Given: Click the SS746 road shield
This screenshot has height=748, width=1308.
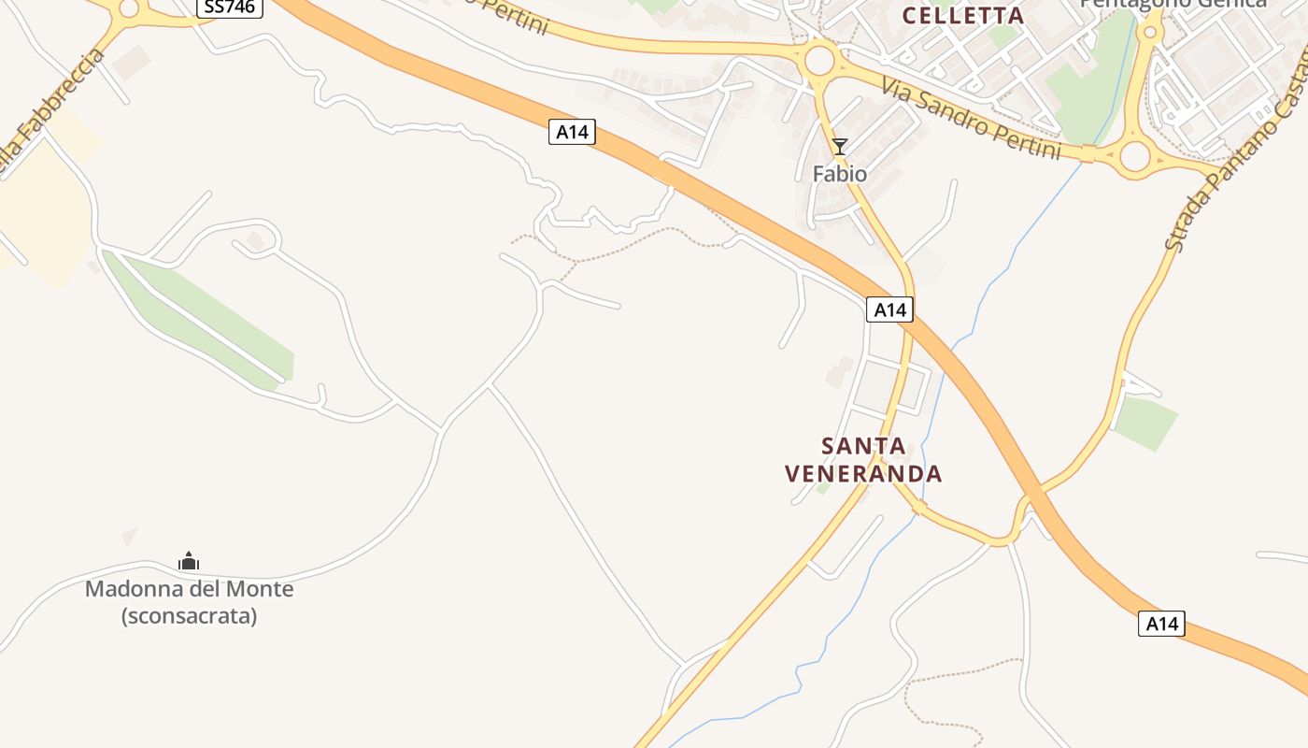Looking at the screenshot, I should pyautogui.click(x=229, y=7).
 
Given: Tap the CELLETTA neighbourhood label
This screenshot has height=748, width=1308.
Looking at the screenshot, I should pyautogui.click(x=963, y=15).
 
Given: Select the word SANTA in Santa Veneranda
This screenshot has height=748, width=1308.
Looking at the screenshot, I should pyautogui.click(x=863, y=446).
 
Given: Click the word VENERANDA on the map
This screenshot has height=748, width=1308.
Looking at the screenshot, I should pyautogui.click(x=863, y=474).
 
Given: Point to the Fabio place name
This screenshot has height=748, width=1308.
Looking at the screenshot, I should pyautogui.click(x=839, y=174).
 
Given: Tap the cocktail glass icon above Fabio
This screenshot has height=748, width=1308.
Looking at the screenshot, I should pyautogui.click(x=840, y=146).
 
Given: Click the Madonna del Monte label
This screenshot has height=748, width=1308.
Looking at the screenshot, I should pyautogui.click(x=189, y=589).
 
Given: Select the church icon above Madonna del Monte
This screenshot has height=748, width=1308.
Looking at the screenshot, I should pyautogui.click(x=189, y=561).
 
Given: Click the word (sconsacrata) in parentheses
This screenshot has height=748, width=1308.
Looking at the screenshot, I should pyautogui.click(x=189, y=616).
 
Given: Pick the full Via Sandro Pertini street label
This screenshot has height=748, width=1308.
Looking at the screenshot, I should pyautogui.click(x=971, y=118).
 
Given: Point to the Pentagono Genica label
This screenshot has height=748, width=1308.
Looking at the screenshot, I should pyautogui.click(x=1173, y=4).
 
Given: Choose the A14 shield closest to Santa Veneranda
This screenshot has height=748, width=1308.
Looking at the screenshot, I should pyautogui.click(x=889, y=309).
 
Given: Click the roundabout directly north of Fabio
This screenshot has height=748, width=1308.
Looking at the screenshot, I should pyautogui.click(x=819, y=61).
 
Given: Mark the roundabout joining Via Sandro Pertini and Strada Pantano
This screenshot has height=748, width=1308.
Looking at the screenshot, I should pyautogui.click(x=1134, y=156).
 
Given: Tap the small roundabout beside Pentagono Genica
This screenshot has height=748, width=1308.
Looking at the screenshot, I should pyautogui.click(x=1150, y=33).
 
